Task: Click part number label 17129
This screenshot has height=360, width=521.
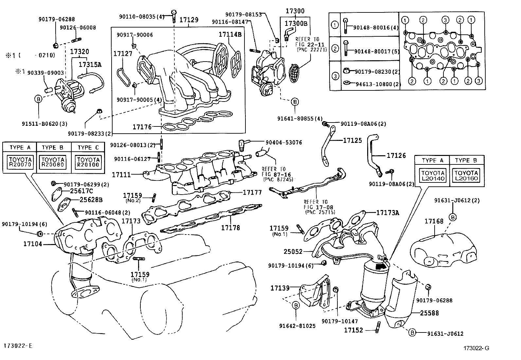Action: tap(189, 20)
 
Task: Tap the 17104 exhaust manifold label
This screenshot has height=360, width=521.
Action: tap(33, 244)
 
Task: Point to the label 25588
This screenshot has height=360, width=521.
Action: tap(429, 313)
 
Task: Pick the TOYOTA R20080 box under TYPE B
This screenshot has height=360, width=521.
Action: tap(53, 162)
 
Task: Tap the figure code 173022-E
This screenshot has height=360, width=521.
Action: tap(18, 346)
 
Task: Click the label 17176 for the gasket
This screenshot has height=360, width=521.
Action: tap(142, 127)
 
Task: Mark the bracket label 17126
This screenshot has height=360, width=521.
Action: tap(396, 155)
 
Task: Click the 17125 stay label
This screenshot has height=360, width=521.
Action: tap(352, 141)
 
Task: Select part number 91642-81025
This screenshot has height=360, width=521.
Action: tap(297, 326)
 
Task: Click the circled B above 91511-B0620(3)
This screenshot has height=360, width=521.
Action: tap(38, 98)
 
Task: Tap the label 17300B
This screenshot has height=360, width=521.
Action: tap(296, 23)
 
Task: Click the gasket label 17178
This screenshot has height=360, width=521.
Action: tap(230, 227)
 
